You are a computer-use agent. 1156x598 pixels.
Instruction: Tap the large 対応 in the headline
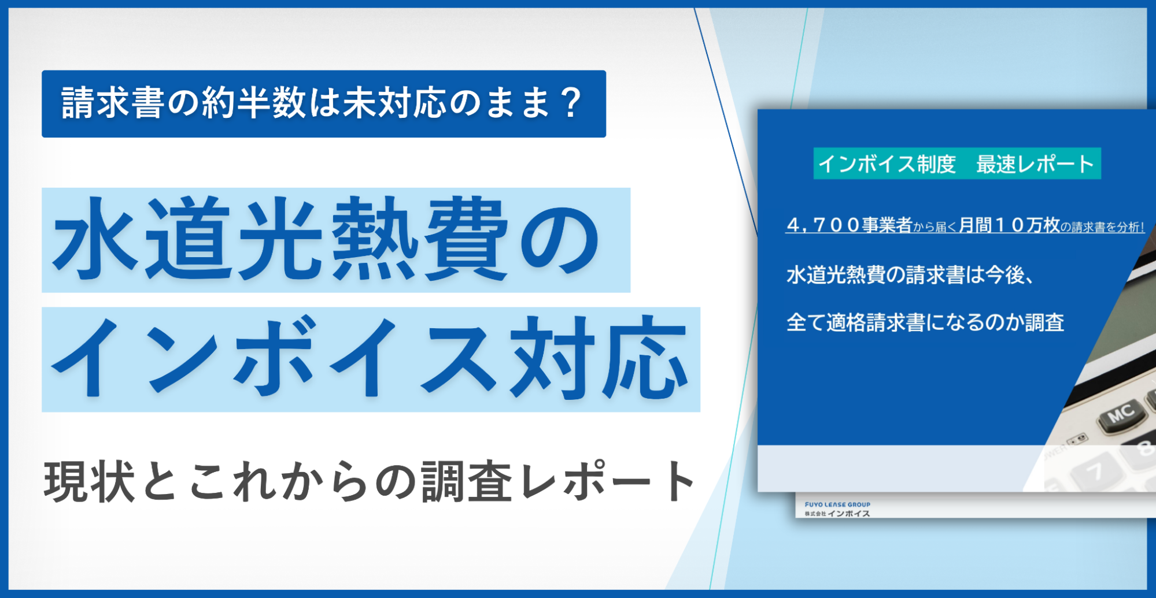[599, 358]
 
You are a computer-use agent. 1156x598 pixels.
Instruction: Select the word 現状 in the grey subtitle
[90, 481]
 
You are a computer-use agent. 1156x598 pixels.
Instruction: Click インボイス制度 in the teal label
[887, 164]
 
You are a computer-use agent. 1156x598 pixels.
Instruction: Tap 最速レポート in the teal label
[1035, 164]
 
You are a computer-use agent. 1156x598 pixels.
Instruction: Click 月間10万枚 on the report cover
[1009, 225]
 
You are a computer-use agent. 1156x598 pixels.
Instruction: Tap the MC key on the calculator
[1121, 414]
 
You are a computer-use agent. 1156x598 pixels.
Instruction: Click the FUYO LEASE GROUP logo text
[837, 504]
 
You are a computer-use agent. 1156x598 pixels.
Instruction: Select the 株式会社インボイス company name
[837, 514]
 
